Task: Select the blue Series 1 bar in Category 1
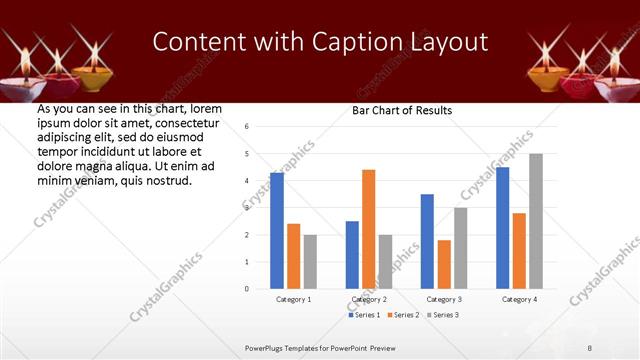pos(277,231)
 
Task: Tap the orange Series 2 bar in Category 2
pos(368,229)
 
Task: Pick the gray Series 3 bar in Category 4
pos(536,221)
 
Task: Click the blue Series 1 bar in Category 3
pos(427,241)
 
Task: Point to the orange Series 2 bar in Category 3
pos(444,264)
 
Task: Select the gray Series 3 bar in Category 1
pos(310,262)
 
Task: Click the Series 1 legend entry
pos(365,315)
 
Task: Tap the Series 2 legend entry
pos(403,315)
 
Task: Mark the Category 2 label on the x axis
pos(369,299)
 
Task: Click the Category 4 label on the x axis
pos(519,299)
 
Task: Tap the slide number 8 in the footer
pos(590,348)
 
